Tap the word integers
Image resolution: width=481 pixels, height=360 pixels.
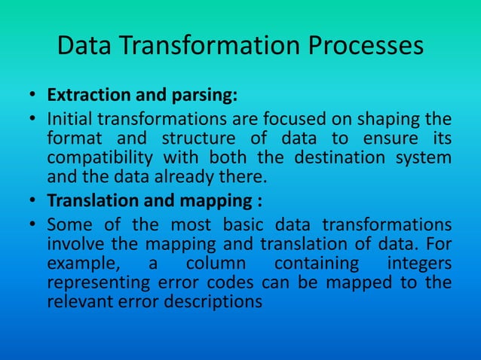418,264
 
